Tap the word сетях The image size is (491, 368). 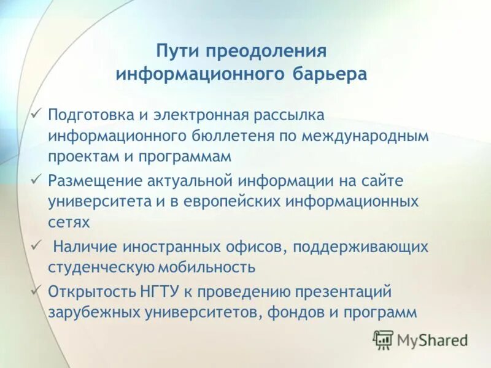point(69,222)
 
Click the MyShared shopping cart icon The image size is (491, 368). point(384,339)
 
